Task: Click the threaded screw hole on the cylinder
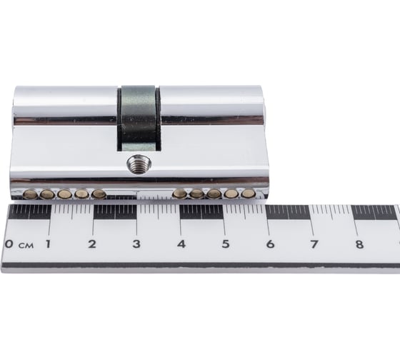click(x=137, y=164)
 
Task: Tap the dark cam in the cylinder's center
click(x=139, y=118)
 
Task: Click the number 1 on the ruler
click(x=48, y=244)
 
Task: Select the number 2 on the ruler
click(x=92, y=244)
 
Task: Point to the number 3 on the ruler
click(x=136, y=244)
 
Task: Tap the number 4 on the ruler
click(x=181, y=244)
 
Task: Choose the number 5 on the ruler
click(x=226, y=244)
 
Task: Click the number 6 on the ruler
click(x=270, y=244)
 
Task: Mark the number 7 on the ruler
click(x=314, y=244)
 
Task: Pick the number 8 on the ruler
click(x=359, y=244)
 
